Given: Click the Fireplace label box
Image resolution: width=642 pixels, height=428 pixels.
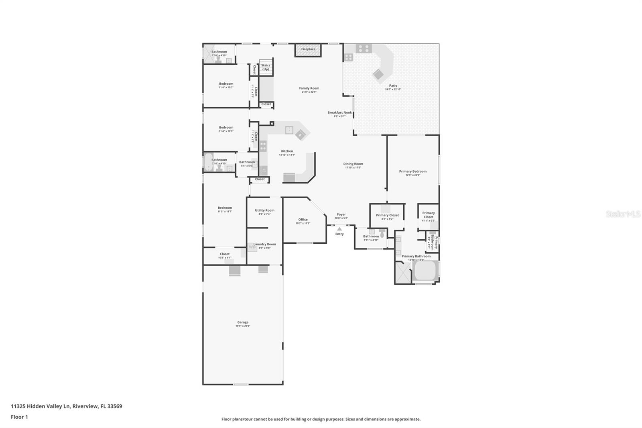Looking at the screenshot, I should click(308, 49).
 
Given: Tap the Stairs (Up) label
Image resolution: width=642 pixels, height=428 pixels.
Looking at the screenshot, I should click(266, 67).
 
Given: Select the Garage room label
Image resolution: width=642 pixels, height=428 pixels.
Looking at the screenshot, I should click(243, 322).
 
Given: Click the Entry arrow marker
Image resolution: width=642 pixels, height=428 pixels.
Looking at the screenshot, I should click(339, 229).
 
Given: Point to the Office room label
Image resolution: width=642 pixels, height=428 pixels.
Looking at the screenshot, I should click(303, 220).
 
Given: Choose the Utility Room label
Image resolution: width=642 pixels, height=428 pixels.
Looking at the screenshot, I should click(264, 210).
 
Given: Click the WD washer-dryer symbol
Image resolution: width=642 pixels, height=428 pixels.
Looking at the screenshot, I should click(252, 247).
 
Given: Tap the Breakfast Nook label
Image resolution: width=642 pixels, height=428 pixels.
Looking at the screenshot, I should click(339, 113).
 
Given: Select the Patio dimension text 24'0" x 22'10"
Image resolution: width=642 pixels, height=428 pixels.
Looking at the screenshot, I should click(393, 90).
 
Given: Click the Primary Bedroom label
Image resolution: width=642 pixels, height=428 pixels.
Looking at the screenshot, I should click(412, 171).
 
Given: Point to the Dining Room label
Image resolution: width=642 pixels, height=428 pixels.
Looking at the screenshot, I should click(353, 164).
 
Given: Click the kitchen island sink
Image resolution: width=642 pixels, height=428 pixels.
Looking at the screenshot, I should click(289, 130).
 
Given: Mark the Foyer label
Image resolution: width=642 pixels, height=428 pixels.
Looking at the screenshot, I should click(341, 214).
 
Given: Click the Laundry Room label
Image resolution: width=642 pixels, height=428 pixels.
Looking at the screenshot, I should click(264, 244).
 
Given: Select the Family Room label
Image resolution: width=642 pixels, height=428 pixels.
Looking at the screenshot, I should click(309, 88).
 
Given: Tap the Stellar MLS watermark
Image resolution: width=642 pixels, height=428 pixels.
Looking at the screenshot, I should click(623, 214).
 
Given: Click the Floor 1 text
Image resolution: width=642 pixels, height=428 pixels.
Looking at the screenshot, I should click(19, 417).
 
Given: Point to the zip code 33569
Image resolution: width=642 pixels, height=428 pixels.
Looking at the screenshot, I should click(114, 406).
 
